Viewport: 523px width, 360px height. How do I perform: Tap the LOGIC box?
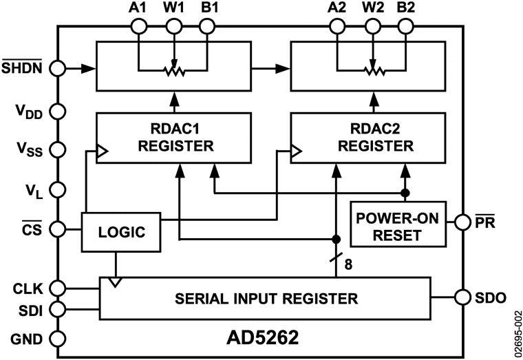(121, 231)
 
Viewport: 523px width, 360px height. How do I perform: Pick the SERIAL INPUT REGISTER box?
(266, 298)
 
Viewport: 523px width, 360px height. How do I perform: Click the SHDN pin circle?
(58, 69)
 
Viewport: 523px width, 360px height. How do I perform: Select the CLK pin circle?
(58, 286)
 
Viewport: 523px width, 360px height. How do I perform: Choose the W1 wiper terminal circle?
(173, 26)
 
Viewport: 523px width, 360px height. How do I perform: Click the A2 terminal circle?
(337, 26)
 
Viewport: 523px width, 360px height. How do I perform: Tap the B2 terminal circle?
(406, 26)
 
